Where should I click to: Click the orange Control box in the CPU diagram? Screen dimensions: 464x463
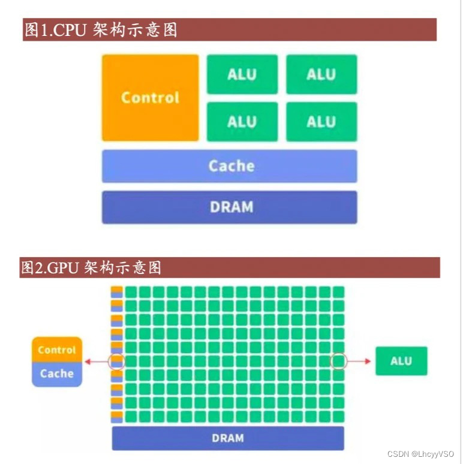[150, 98]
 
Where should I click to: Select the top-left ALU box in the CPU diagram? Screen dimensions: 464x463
[242, 74]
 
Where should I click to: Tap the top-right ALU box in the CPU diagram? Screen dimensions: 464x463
[321, 74]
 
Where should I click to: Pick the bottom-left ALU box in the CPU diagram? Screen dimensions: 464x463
[242, 122]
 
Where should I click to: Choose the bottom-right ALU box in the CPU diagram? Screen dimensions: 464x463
[321, 122]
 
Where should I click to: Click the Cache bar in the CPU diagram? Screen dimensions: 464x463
[229, 166]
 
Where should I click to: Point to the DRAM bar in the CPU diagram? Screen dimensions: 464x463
[229, 207]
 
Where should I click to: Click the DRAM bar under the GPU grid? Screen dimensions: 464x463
[228, 438]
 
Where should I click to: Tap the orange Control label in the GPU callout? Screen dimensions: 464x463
[56, 350]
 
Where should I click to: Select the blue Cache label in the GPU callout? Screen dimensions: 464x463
[56, 373]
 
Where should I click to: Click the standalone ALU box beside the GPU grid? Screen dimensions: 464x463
[401, 361]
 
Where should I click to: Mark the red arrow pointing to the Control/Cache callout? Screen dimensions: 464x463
[95, 361]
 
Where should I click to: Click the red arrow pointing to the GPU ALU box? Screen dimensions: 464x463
[360, 361]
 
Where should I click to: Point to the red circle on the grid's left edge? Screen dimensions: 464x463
[116, 361]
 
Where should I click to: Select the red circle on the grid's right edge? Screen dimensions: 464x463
[339, 361]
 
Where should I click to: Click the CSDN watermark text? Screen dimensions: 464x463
[420, 454]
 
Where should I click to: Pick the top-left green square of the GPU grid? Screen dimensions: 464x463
[131, 292]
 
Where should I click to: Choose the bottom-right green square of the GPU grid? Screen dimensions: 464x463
[338, 416]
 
